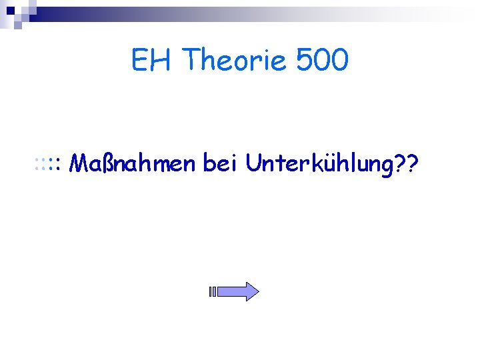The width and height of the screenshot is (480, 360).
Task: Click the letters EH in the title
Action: pos(151,61)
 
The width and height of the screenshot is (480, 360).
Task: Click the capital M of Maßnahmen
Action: pos(78,162)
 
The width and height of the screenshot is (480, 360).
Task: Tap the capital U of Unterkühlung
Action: pos(253,162)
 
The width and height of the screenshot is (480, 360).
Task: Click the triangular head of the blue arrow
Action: pos(249,291)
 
